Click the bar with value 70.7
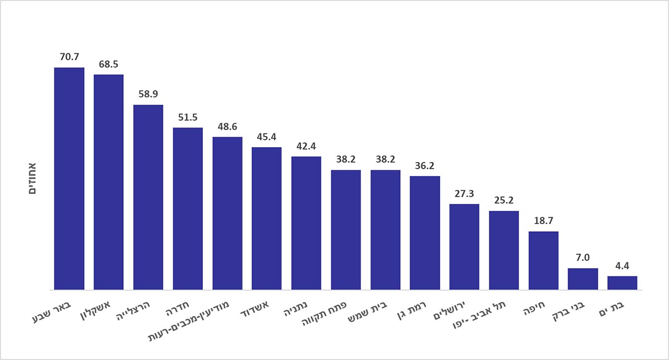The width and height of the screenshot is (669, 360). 69,178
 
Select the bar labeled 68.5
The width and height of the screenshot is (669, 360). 109,182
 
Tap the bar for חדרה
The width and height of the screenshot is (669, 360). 187,208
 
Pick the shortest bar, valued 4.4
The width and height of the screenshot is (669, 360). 622,283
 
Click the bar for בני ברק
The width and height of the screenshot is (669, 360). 583,279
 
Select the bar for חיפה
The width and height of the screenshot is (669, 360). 543,260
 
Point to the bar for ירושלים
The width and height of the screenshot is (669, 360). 464,247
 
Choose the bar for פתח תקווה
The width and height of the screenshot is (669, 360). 346,230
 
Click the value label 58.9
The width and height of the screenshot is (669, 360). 148,94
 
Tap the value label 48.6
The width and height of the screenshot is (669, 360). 227,127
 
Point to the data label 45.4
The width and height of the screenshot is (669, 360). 266,137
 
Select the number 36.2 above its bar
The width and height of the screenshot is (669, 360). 425,166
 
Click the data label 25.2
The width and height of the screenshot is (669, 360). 504,200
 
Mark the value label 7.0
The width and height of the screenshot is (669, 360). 583,257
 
